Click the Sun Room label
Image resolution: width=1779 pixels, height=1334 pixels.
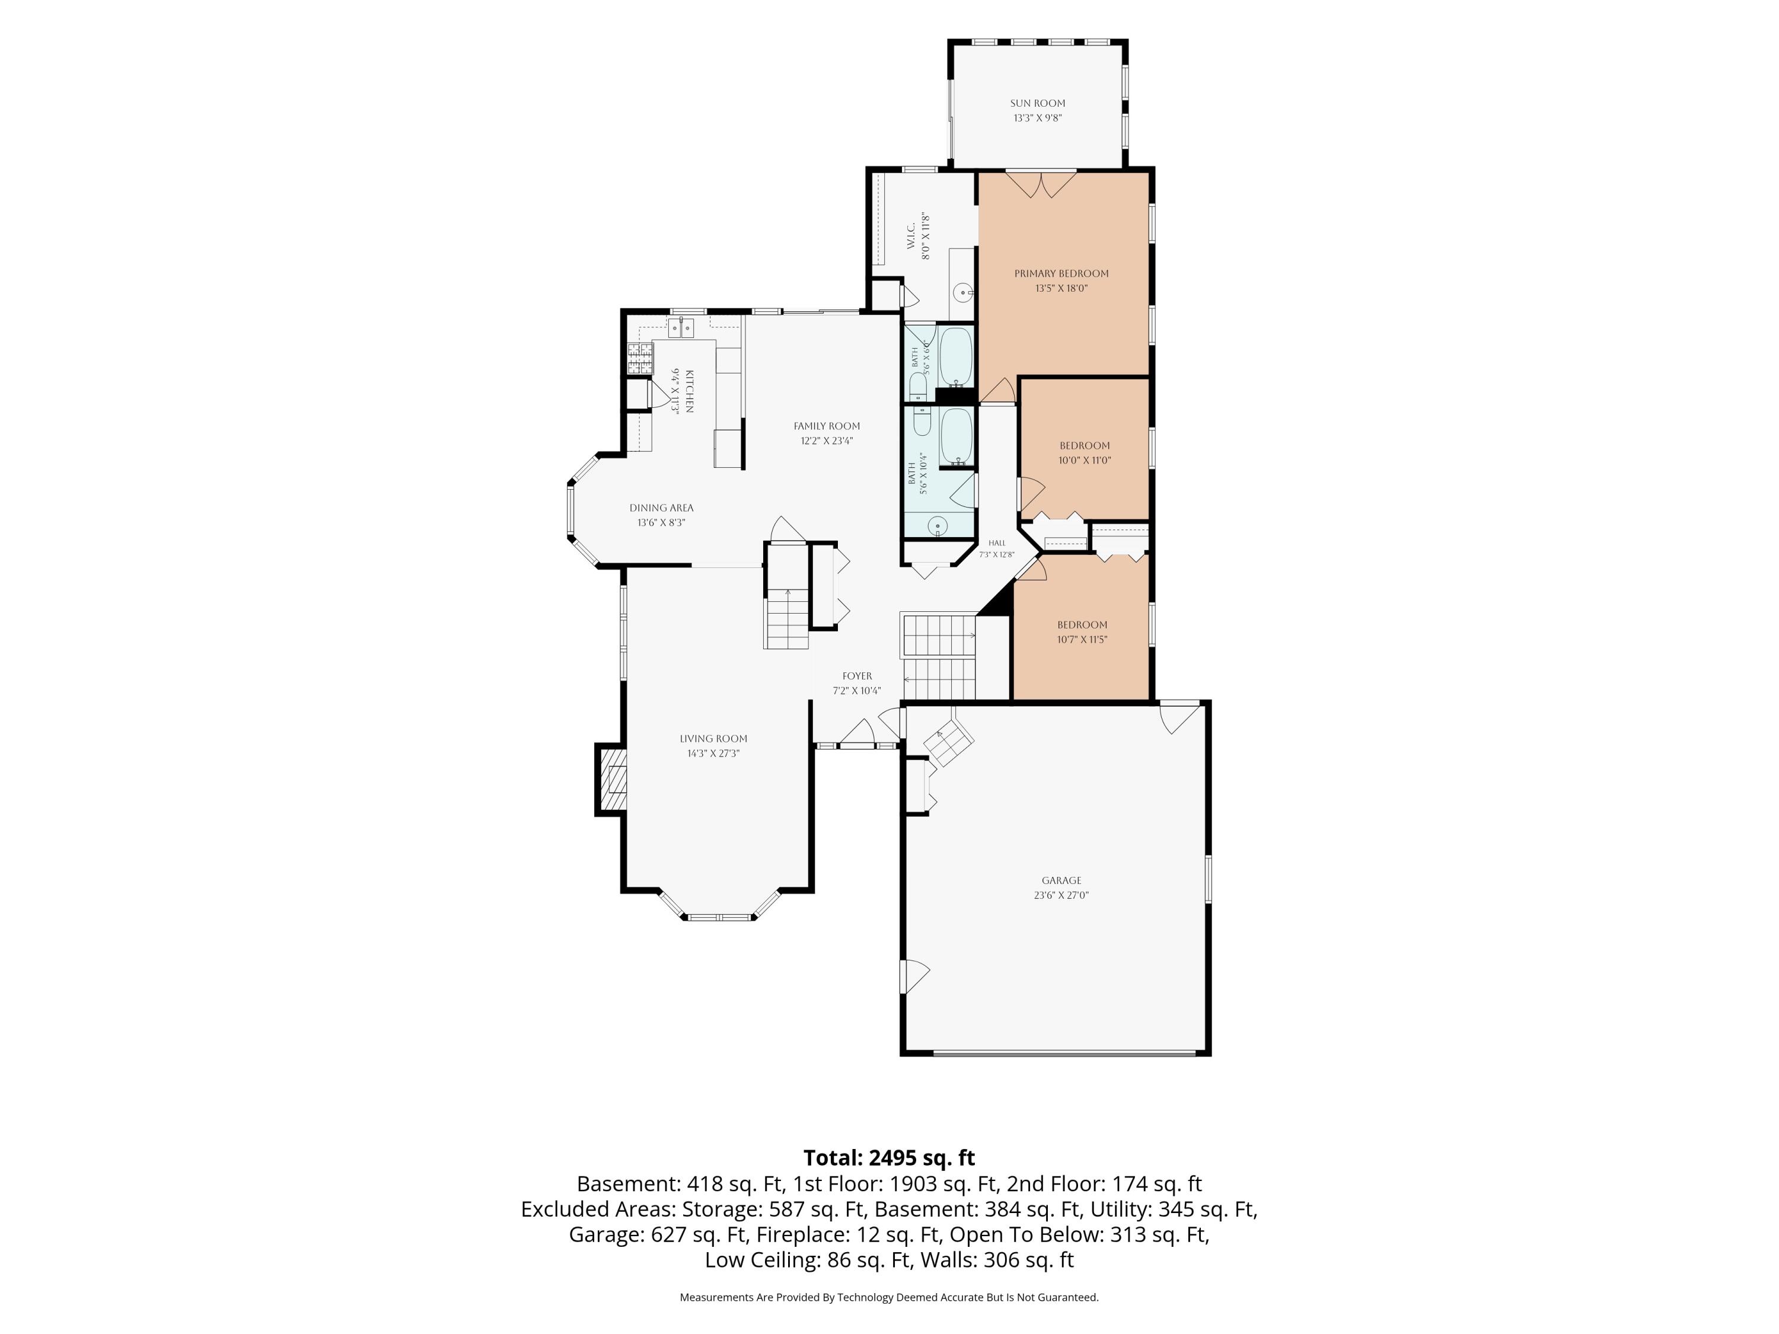tap(1038, 103)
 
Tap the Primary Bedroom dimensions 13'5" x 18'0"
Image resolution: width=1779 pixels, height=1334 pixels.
tap(1061, 288)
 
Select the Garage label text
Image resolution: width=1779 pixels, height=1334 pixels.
tap(1061, 880)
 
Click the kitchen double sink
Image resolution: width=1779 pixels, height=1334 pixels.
tap(681, 328)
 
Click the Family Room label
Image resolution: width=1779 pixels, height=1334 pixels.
tap(826, 426)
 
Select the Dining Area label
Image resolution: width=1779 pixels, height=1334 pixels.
tap(661, 508)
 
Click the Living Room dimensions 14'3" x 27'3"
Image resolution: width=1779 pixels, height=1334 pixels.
tap(713, 754)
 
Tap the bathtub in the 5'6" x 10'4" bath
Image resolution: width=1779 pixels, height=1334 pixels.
tap(957, 436)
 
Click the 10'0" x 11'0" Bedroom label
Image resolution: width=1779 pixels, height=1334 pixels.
tap(1084, 445)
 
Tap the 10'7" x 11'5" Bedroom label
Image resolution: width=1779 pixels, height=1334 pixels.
tap(1082, 625)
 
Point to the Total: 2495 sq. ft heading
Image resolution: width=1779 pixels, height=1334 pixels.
tap(889, 1158)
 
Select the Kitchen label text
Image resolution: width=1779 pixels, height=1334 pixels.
tap(689, 391)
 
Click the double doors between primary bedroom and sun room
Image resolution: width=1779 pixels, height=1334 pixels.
tap(1041, 183)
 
